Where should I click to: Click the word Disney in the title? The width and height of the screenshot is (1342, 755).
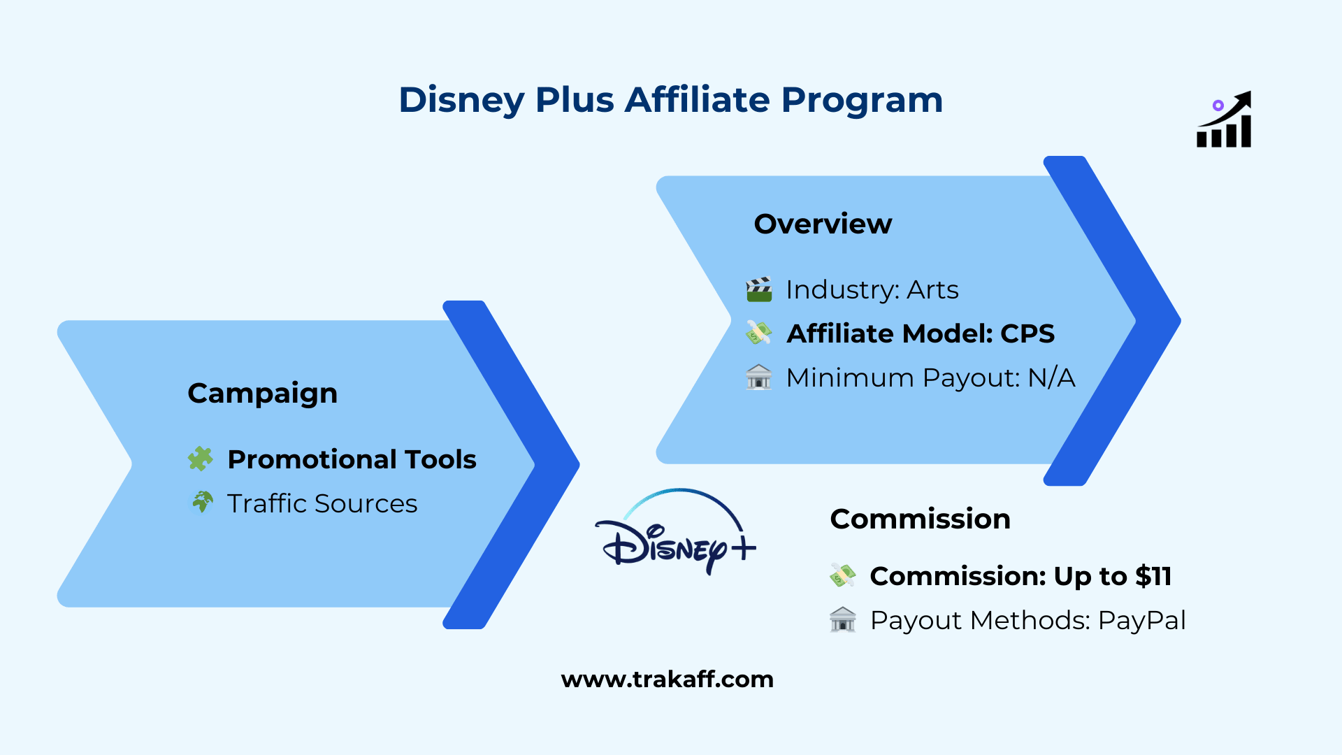click(461, 100)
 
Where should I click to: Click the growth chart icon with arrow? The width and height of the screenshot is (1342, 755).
click(1224, 120)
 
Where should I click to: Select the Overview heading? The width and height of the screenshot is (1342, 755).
click(823, 224)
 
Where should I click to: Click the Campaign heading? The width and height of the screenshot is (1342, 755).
click(262, 393)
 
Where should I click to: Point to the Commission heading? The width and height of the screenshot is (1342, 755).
click(920, 519)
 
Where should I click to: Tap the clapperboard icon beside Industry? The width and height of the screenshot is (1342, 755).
click(759, 289)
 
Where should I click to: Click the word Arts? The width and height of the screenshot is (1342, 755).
click(932, 289)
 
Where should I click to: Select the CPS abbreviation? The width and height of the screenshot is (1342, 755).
click(1027, 333)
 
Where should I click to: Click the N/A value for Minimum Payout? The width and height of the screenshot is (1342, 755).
click(1051, 377)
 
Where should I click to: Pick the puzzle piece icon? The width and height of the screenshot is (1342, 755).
click(201, 459)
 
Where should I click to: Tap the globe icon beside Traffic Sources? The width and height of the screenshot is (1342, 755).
click(202, 502)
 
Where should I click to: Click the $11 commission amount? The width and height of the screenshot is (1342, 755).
click(1153, 576)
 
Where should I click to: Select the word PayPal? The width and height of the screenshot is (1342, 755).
click(1141, 620)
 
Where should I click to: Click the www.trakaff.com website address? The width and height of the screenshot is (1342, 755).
click(667, 679)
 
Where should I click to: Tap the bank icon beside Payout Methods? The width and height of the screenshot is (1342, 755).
click(842, 619)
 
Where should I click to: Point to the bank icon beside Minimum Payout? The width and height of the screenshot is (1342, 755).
click(758, 377)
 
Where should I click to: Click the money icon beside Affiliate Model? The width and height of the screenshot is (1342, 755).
click(758, 333)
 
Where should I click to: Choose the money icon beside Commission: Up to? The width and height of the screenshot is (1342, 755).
click(842, 575)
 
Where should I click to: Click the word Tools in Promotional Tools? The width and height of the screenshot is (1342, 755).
click(440, 459)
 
